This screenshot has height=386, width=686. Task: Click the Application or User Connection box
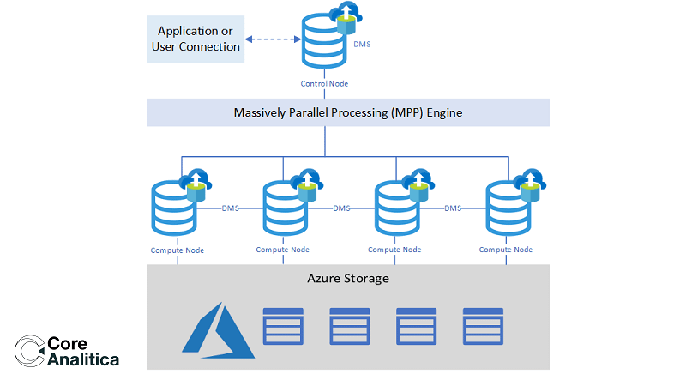[196, 39]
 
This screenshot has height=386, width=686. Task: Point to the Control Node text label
[324, 83]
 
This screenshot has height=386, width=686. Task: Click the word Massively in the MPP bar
[261, 113]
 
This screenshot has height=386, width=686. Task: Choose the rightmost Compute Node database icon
[509, 209]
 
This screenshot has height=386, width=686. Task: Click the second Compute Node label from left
[283, 250]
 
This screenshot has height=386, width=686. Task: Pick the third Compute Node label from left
[394, 250]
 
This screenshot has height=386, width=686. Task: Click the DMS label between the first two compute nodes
[230, 208]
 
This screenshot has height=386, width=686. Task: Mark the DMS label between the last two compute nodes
[453, 208]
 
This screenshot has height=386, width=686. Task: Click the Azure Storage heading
[348, 279]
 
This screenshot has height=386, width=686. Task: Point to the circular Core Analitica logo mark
[29, 352]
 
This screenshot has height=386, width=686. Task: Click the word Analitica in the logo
[83, 359]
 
